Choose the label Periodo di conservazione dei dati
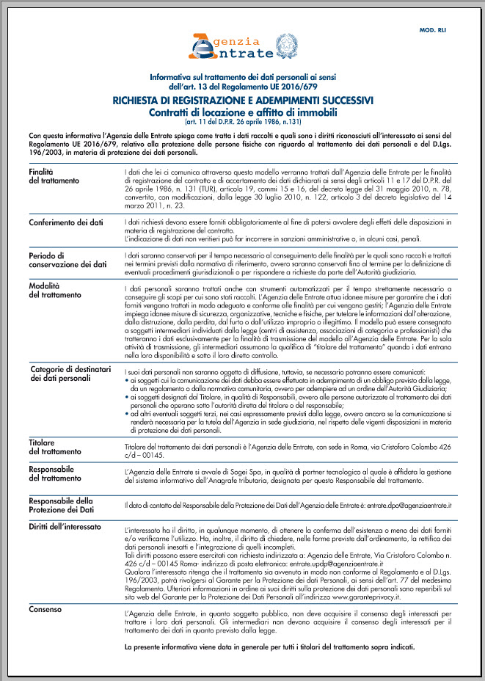[x=67, y=260]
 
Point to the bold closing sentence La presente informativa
[x=270, y=647]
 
